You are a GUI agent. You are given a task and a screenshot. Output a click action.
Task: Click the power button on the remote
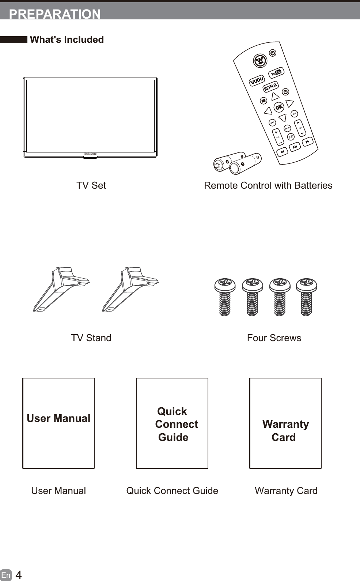pyautogui.click(x=273, y=53)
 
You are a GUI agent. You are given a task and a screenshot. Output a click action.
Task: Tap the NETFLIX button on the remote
pyautogui.click(x=271, y=87)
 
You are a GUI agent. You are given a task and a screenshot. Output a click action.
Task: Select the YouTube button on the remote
pyautogui.click(x=276, y=73)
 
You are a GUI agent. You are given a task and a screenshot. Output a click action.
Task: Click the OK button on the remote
pyautogui.click(x=279, y=107)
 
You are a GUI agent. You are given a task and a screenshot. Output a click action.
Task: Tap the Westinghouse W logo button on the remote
pyautogui.click(x=260, y=60)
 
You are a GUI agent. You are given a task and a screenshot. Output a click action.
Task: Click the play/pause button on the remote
pyautogui.click(x=295, y=147)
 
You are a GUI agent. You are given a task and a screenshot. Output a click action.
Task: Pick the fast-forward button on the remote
pyautogui.click(x=307, y=142)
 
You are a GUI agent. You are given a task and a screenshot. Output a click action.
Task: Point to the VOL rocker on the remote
pyautogui.click(x=278, y=137)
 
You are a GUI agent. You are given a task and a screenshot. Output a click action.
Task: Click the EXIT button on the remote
pyautogui.click(x=294, y=114)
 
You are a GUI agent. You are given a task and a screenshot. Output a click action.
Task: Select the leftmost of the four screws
pyautogui.click(x=225, y=297)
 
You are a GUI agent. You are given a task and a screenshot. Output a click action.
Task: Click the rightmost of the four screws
pyautogui.click(x=306, y=297)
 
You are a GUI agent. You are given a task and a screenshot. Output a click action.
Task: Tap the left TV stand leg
pyautogui.click(x=60, y=289)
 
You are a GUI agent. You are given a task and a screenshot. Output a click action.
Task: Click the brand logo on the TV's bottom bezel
pyautogui.click(x=90, y=154)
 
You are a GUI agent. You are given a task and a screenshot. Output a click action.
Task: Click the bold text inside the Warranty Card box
pyautogui.click(x=285, y=430)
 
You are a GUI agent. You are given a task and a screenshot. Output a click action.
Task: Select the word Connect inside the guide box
pyautogui.click(x=177, y=424)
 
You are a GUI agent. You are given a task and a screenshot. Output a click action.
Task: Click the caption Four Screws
pyautogui.click(x=274, y=338)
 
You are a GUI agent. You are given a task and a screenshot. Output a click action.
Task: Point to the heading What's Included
pyautogui.click(x=67, y=39)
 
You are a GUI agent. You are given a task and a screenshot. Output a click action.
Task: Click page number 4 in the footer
pyautogui.click(x=19, y=575)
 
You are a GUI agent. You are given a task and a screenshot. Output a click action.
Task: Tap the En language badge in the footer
pyautogui.click(x=6, y=575)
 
